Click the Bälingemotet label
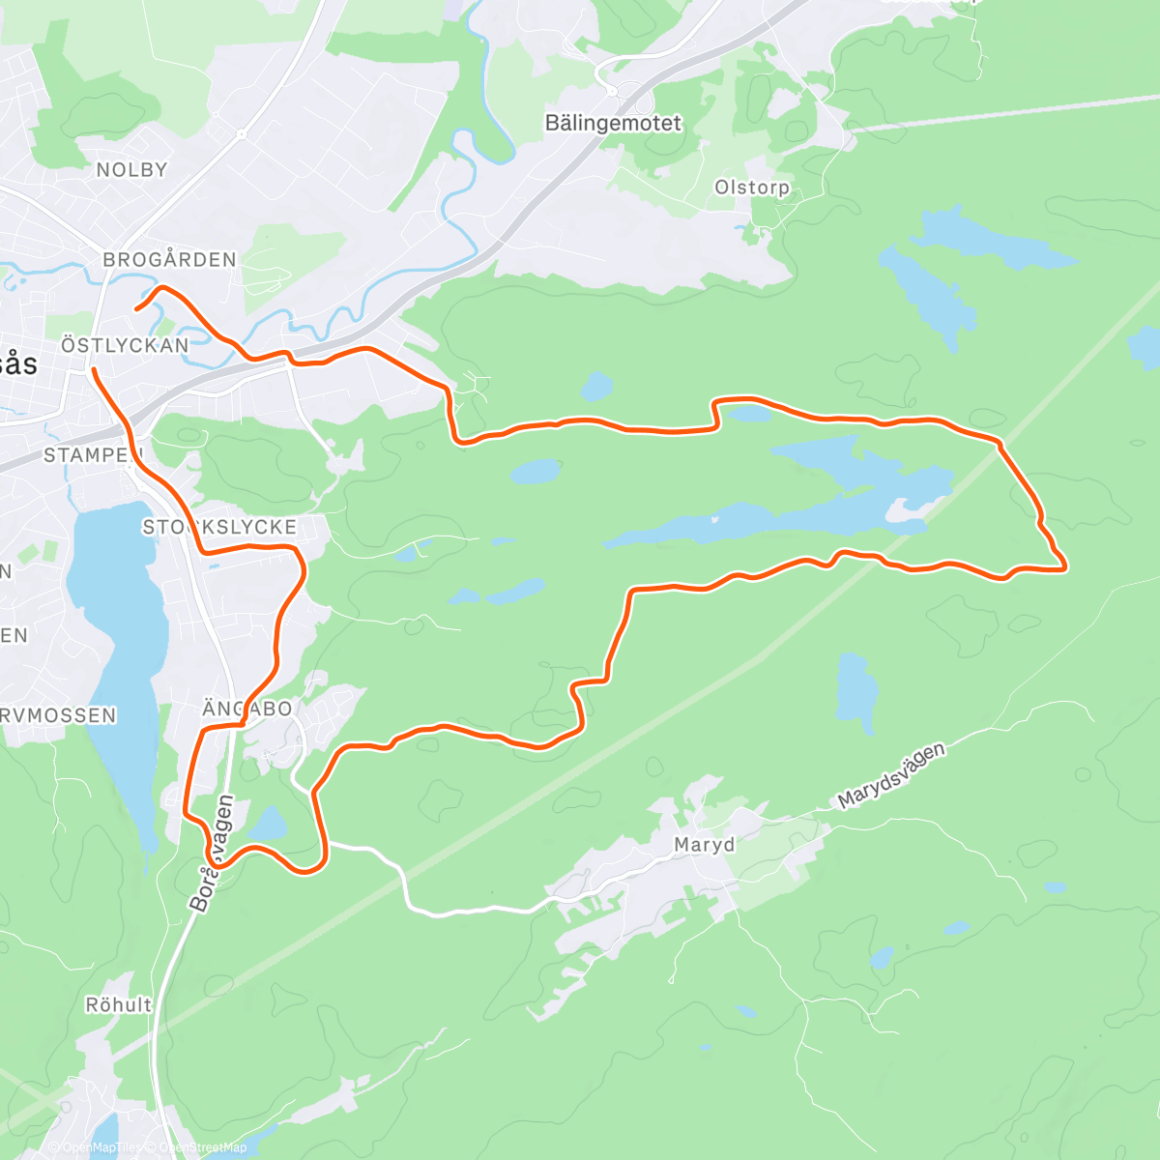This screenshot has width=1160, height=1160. [x=613, y=124]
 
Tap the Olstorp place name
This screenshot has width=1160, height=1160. [x=751, y=188]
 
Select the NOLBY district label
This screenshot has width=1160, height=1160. [x=131, y=170]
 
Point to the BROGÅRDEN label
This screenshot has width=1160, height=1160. [x=169, y=260]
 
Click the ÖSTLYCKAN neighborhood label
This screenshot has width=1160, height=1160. [x=125, y=345]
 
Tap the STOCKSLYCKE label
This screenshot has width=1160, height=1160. [x=219, y=527]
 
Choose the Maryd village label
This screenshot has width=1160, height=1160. [x=704, y=845]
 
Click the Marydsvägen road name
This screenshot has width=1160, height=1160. [x=890, y=775]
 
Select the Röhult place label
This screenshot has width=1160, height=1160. [x=119, y=1005]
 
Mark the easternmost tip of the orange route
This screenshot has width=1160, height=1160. [x=1065, y=568]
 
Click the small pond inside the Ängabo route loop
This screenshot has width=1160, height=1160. [x=268, y=825]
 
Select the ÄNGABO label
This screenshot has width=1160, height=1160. [x=246, y=709]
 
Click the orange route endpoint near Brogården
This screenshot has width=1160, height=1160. [x=136, y=308]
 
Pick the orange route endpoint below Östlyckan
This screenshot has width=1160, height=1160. [x=93, y=369]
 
